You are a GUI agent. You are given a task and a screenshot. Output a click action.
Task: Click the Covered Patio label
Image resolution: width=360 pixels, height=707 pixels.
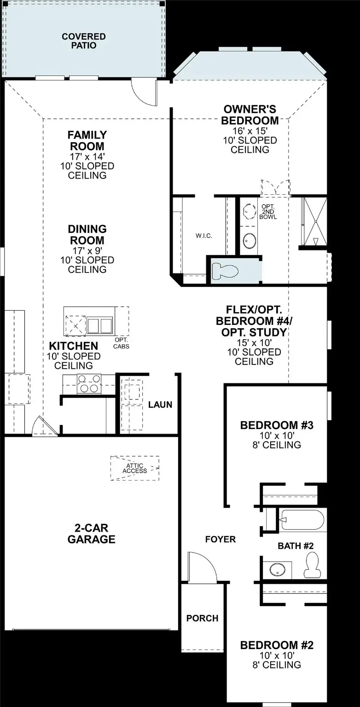click(84, 41)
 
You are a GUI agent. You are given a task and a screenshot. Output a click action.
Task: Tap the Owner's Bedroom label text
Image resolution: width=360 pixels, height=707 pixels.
click(250, 115)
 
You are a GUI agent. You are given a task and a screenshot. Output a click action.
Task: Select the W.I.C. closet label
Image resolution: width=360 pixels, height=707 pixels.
click(203, 236)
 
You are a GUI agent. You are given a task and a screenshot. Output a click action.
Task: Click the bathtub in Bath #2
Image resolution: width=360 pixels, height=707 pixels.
click(302, 520)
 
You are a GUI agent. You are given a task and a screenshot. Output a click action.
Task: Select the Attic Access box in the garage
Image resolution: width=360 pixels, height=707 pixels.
click(134, 468)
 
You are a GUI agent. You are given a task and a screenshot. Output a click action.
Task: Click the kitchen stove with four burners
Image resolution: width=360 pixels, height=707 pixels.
click(89, 383)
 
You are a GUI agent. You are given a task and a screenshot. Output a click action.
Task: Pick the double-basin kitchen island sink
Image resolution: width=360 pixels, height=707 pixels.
click(100, 325)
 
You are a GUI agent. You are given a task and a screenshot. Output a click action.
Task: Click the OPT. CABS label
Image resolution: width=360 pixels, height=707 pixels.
click(122, 343)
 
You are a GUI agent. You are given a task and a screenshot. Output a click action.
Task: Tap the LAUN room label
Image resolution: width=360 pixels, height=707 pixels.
click(160, 405)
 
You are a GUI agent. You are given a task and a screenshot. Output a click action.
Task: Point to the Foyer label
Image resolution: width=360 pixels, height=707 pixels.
click(221, 539)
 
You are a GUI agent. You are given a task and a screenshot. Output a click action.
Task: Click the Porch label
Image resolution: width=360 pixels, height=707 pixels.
click(202, 618)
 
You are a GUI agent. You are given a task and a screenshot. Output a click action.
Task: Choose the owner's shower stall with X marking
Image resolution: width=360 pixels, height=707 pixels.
click(315, 222)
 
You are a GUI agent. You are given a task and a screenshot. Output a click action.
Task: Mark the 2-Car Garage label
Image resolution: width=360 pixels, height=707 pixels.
click(91, 533)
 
